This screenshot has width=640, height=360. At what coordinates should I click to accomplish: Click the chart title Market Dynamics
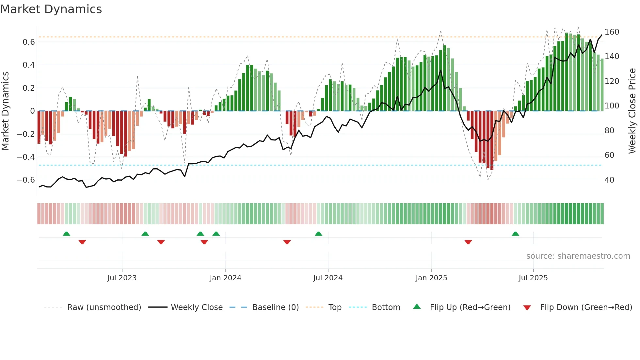pyautogui.click(x=51, y=9)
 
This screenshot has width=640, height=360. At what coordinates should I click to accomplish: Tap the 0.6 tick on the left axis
pyautogui.click(x=29, y=42)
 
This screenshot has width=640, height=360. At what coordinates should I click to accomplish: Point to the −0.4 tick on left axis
pyautogui.click(x=26, y=157)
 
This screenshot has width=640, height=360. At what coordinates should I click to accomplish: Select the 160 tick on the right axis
pyautogui.click(x=612, y=32)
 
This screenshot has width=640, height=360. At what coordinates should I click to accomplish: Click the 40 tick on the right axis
pyautogui.click(x=609, y=180)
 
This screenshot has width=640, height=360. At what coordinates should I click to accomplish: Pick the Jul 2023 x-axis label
pyautogui.click(x=122, y=278)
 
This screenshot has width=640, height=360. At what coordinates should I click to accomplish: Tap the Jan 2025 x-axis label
pyautogui.click(x=431, y=278)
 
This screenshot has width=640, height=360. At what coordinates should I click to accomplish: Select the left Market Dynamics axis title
pyautogui.click(x=5, y=111)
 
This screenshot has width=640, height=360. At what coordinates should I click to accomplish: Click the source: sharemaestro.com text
pyautogui.click(x=578, y=256)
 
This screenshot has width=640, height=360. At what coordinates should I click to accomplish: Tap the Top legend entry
pyautogui.click(x=335, y=307)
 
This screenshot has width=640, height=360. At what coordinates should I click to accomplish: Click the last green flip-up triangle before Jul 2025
pyautogui.click(x=515, y=234)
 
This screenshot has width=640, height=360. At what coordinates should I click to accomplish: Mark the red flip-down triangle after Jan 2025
pyautogui.click(x=468, y=242)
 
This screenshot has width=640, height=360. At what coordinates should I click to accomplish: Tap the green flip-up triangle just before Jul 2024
pyautogui.click(x=318, y=234)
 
